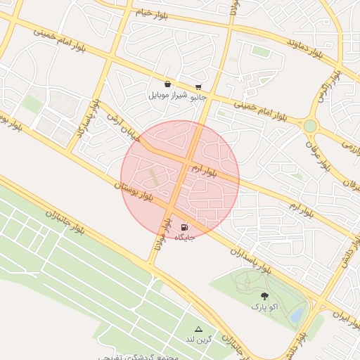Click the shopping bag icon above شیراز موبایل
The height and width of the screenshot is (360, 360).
[167, 84]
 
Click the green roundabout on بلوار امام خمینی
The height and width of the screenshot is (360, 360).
[309, 125]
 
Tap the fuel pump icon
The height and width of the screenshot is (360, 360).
[184, 227]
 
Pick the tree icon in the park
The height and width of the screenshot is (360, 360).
[264, 297]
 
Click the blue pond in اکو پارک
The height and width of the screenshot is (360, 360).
[298, 314]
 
